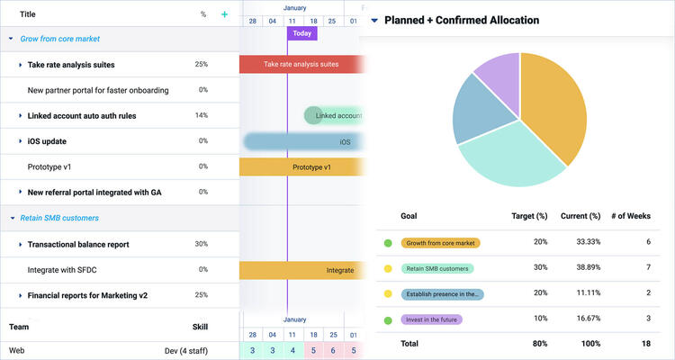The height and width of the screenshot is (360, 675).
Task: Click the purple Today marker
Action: click(302, 33)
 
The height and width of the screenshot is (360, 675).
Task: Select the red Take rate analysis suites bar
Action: click(301, 65)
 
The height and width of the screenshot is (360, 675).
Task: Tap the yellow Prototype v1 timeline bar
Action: click(301, 167)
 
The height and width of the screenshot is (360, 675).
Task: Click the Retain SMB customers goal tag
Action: click(440, 268)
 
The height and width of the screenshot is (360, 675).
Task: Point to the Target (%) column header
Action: click(528, 216)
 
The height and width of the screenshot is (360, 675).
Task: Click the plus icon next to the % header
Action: click(224, 14)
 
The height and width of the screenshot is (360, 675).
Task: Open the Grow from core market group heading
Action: click(59, 39)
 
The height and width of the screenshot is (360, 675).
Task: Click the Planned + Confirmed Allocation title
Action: click(462, 20)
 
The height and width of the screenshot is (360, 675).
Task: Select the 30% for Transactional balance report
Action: click(202, 244)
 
